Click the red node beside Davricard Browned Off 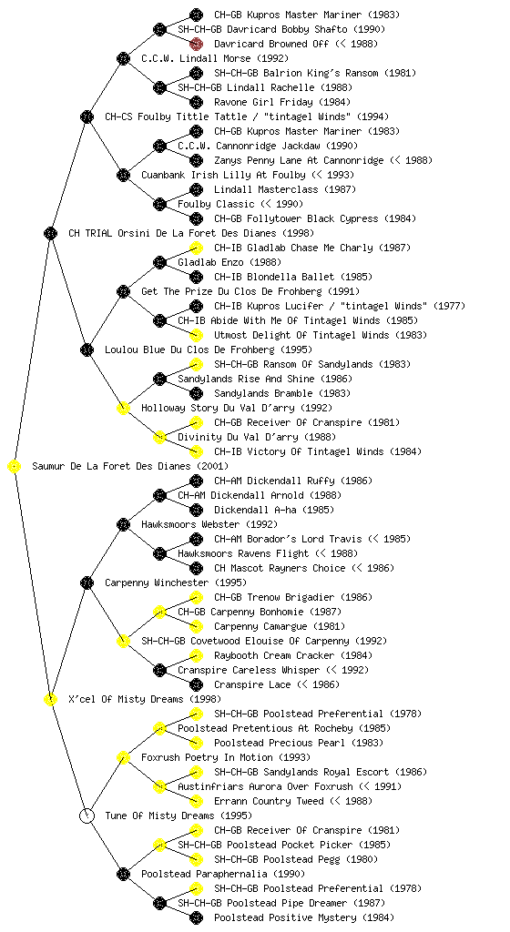(x=196, y=44)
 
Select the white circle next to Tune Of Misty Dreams (x=87, y=815)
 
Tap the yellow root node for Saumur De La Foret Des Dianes (x=15, y=467)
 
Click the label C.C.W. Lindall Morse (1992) (x=215, y=58)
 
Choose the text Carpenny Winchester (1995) (x=176, y=582)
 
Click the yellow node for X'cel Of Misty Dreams (x=50, y=700)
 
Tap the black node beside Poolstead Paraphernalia (x=123, y=874)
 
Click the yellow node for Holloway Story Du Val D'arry (x=123, y=408)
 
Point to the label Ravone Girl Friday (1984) (x=282, y=102)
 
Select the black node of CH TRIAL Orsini (x=50, y=233)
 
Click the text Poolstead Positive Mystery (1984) (x=304, y=917)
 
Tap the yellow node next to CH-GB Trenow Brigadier (x=196, y=597)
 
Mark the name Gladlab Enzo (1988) (x=229, y=262)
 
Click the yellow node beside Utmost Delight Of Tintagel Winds (x=196, y=335)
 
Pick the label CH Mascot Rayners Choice (x=280, y=568)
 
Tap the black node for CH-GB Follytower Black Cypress (x=196, y=218)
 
